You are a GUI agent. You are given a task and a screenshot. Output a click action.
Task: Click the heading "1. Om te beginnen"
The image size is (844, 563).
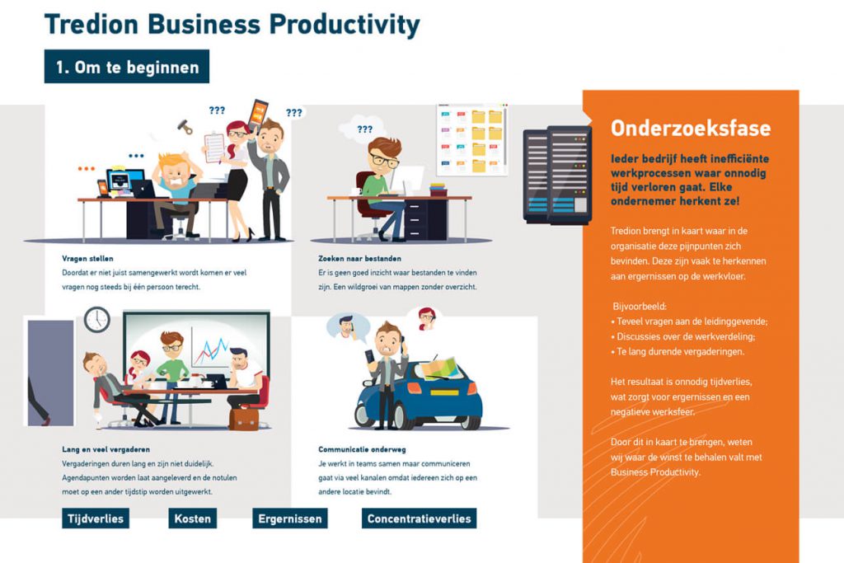pos(126,67)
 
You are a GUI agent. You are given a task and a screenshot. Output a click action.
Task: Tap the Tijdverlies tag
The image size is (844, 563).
pos(96,518)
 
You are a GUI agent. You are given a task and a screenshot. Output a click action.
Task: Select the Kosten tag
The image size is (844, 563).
pos(192,518)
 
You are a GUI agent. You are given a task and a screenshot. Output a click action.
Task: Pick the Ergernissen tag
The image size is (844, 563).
pos(289,518)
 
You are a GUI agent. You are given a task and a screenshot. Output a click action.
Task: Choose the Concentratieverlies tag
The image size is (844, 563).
pos(419,518)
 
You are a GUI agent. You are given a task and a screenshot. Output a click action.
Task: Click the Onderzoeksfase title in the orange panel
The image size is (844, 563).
pos(691,128)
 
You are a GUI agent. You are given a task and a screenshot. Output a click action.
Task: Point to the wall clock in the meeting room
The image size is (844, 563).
pos(97,320)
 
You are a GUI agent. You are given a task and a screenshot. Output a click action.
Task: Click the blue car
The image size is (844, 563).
pos(419,395)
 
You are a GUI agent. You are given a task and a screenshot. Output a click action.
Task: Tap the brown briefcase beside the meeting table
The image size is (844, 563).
pos(244,419)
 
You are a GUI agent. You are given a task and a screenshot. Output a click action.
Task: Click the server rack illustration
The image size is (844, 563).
pos(557,175)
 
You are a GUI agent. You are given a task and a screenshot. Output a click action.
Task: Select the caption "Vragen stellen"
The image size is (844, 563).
pos(87,258)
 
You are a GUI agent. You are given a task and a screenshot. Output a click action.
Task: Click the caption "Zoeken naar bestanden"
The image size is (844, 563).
pos(359,258)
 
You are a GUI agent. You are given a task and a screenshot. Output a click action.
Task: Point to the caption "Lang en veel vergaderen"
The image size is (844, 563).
pos(106,449)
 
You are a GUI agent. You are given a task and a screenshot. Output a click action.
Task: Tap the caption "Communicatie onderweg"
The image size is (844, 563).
pos(362,449)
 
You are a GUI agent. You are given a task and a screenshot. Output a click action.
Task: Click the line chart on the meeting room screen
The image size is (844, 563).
pos(210,350)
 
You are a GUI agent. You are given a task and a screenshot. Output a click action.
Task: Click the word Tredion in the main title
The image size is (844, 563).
pos(91,24)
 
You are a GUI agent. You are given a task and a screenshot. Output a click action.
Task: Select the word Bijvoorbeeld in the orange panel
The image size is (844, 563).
pos(640,307)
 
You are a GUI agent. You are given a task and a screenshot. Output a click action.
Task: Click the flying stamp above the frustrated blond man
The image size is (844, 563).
pos(185,127)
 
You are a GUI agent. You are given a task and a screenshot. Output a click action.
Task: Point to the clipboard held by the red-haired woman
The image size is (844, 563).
pos(214,148)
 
